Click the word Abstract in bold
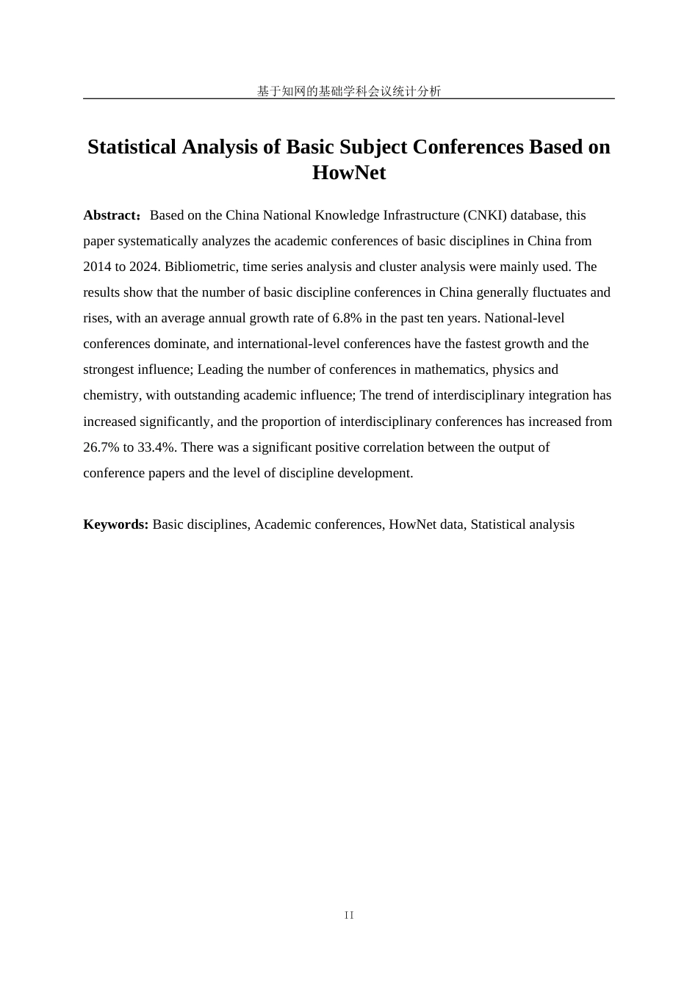pos(109,215)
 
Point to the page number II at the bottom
pos(349,915)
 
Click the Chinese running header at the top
pos(349,91)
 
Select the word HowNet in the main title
pos(349,173)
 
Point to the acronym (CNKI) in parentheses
pos(485,215)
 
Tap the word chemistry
pos(111,395)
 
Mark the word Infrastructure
pos(415,215)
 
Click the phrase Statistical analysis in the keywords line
pos(522,524)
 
